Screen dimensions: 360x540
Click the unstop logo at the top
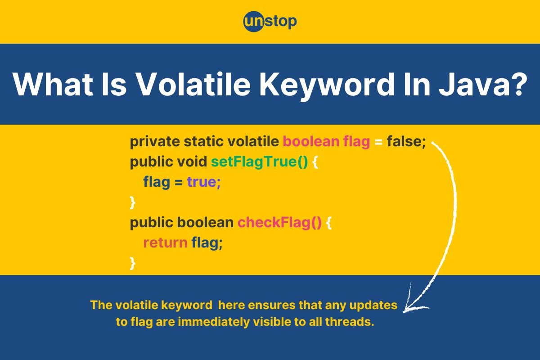coord(270,21)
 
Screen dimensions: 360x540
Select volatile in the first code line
coord(253,142)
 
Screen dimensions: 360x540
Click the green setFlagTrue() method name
coord(259,162)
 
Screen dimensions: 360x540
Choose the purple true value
coord(204,182)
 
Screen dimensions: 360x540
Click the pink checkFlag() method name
coord(279,222)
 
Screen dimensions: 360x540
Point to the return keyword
coord(165,243)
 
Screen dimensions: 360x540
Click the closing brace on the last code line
coord(132,263)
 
